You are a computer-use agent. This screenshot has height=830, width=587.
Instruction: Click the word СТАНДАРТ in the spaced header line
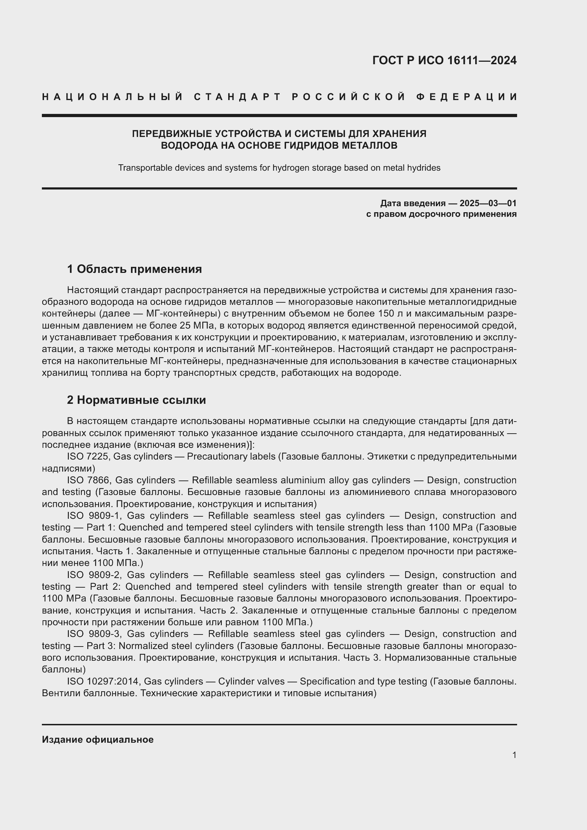pyautogui.click(x=237, y=97)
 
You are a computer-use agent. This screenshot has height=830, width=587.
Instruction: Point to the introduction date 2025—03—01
pyautogui.click(x=488, y=203)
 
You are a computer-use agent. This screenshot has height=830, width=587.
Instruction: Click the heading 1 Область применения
pyautogui.click(x=135, y=269)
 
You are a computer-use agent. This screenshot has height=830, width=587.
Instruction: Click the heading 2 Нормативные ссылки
pyautogui.click(x=136, y=400)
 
